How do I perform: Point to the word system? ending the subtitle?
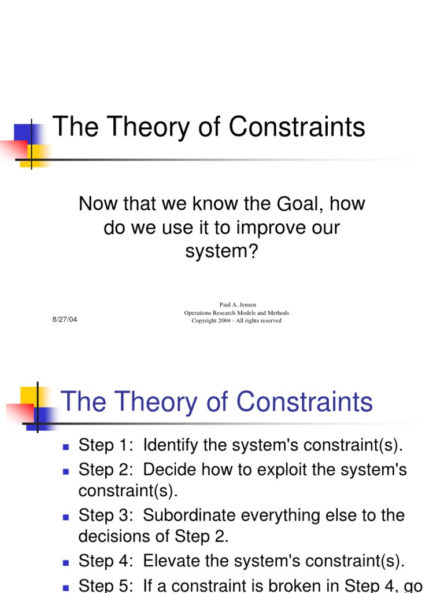(221, 252)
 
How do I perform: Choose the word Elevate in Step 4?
(171, 561)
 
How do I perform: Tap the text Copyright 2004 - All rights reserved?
(236, 321)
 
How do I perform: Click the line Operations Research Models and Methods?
(236, 313)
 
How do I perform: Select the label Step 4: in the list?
(107, 561)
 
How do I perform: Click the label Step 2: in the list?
(107, 469)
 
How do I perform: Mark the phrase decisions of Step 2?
(153, 537)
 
